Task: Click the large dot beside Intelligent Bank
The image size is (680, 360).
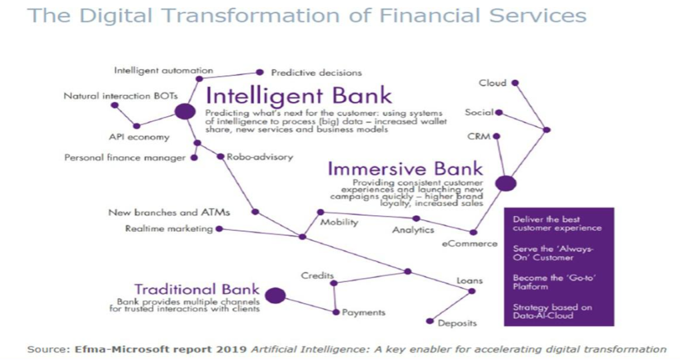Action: [x=185, y=111]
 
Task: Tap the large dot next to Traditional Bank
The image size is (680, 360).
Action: [x=275, y=296]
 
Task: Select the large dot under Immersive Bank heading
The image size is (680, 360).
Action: [x=505, y=183]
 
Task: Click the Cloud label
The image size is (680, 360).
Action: [x=493, y=83]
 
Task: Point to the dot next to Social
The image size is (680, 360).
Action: [x=499, y=113]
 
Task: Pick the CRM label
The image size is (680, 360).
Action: [x=479, y=137]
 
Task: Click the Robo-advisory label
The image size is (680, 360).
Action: [x=260, y=157]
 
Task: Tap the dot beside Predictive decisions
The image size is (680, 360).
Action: [x=260, y=72]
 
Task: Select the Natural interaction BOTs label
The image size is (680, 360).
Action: [x=121, y=96]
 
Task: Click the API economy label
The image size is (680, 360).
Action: [x=139, y=137]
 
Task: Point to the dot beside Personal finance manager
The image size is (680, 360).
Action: [x=194, y=158]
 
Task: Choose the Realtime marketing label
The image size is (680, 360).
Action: [x=169, y=229]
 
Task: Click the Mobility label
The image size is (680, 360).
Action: [x=339, y=223]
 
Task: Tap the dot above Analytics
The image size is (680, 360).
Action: [x=416, y=219]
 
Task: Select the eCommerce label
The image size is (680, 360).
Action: [x=470, y=244]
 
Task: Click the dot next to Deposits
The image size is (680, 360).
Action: [x=430, y=321]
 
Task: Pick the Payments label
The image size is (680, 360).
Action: [x=363, y=313]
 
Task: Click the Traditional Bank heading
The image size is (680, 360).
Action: [x=197, y=289]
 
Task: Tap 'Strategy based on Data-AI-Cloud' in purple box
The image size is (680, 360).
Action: [x=552, y=311]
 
